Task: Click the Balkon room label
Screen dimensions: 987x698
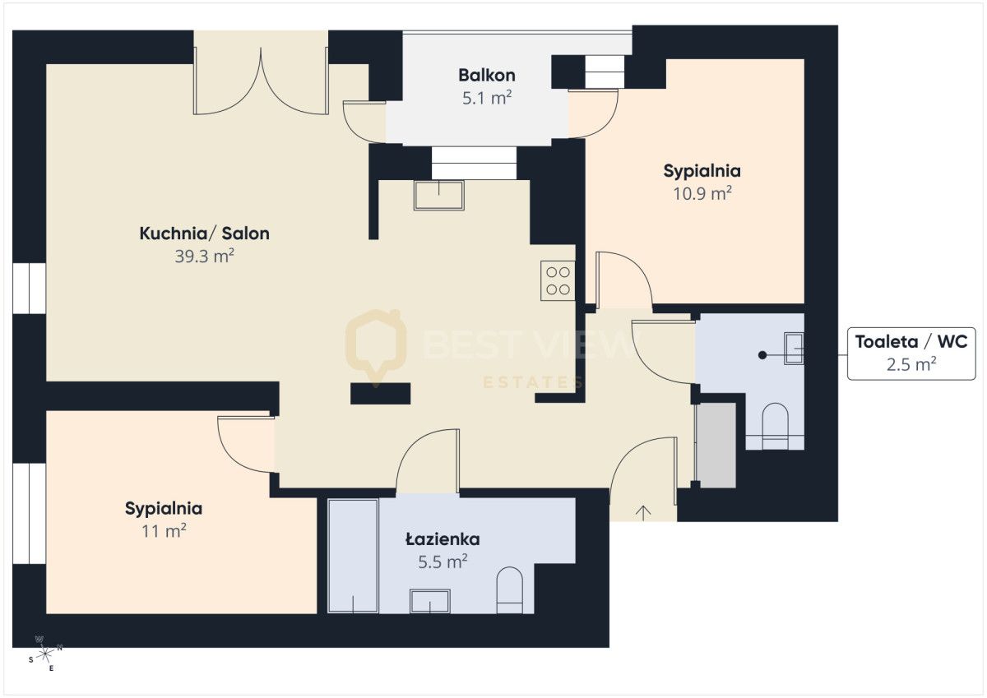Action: point(486,76)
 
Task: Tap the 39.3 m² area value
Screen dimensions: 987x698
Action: point(204,256)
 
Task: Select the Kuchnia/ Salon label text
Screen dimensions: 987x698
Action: point(205,233)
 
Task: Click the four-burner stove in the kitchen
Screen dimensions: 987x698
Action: point(558,281)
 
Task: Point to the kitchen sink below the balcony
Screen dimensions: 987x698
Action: point(439,195)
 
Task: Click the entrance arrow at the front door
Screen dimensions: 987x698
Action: point(643,512)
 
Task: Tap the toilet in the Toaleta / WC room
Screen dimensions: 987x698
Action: point(775,426)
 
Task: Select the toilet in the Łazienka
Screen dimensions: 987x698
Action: point(510,590)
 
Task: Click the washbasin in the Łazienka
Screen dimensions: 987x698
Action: point(429,602)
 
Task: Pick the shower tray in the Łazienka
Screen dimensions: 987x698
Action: point(354,556)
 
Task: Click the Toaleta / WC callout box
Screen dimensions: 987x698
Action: point(911,354)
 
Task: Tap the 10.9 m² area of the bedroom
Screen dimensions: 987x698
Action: point(702,193)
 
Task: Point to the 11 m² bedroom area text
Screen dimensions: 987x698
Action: point(164,531)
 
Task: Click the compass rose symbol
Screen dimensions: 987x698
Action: point(45,654)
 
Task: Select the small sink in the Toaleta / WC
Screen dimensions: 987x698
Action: point(794,349)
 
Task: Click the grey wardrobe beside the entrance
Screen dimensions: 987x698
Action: point(716,446)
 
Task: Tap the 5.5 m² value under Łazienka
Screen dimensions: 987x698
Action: point(443,562)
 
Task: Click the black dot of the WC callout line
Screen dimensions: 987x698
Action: point(762,355)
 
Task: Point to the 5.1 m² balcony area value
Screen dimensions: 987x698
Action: point(486,98)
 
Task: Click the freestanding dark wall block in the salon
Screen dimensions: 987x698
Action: point(380,394)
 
